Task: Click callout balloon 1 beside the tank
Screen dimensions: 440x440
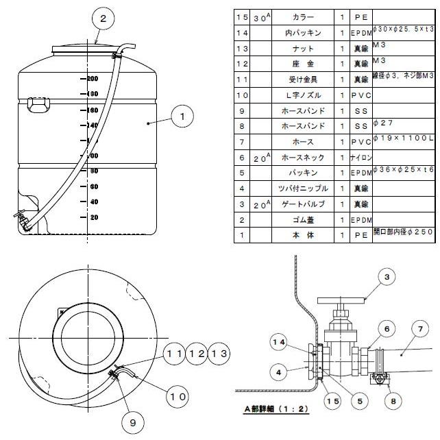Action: click(x=182, y=117)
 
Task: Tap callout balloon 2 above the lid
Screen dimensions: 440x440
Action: click(x=103, y=19)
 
